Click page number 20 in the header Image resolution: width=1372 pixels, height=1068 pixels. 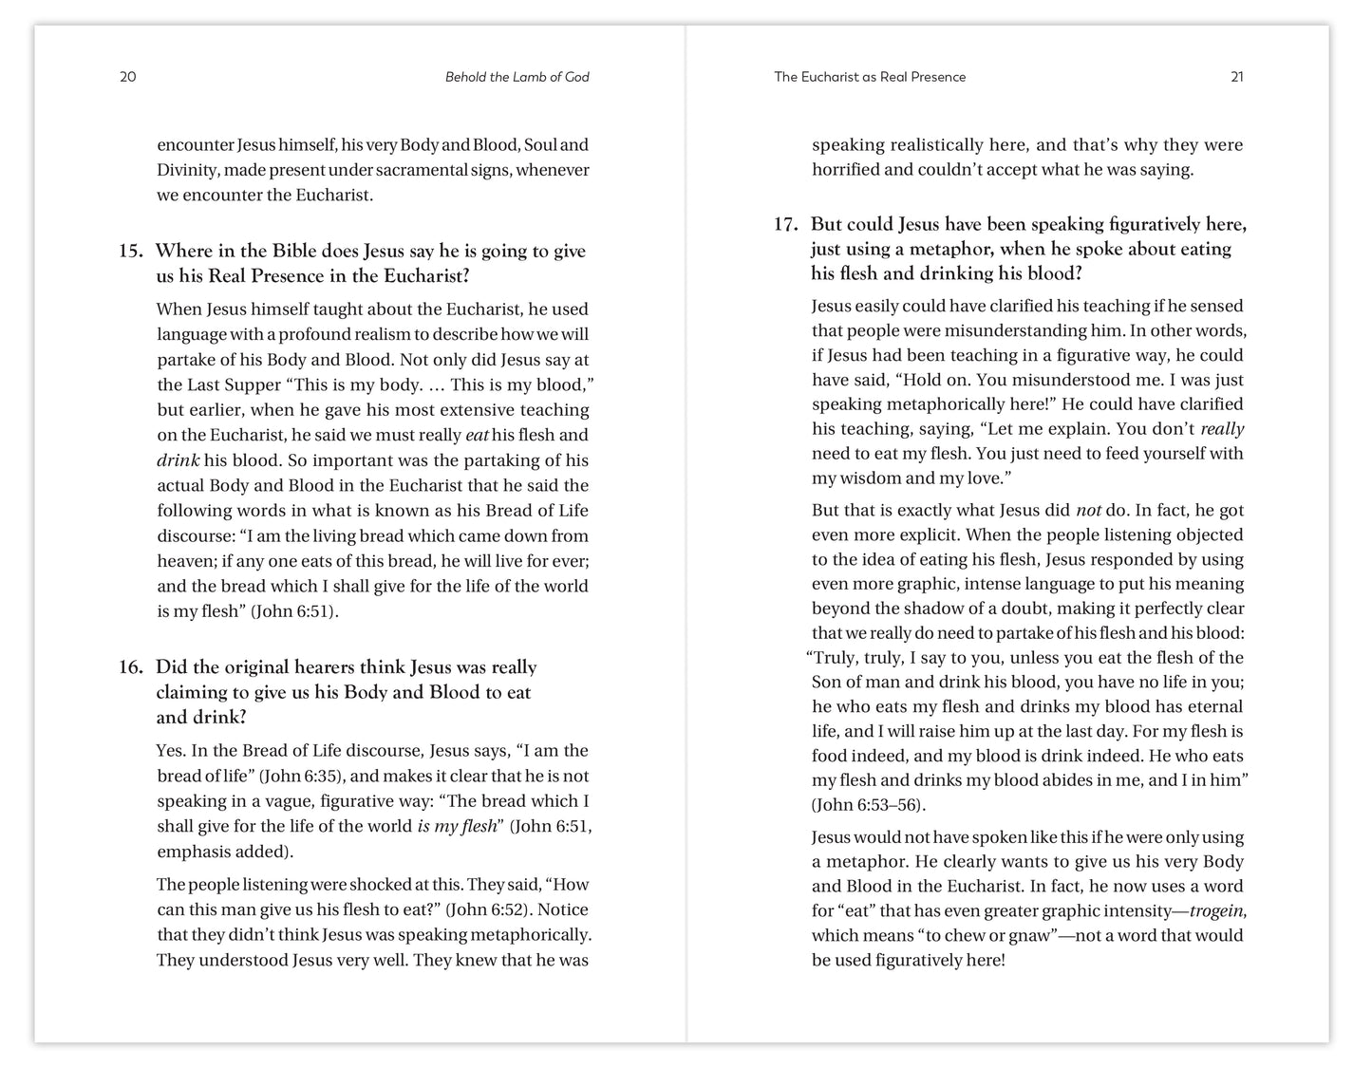128,77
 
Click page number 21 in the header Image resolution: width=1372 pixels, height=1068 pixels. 1236,77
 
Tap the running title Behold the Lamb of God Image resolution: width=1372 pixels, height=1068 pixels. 517,77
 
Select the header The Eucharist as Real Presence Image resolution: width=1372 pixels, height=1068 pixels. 870,77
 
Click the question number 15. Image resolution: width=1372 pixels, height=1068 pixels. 130,252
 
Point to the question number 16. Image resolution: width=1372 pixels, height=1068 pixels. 130,667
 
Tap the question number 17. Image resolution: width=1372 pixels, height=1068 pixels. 784,225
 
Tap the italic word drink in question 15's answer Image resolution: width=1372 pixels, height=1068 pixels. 178,460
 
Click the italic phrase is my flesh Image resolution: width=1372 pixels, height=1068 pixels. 457,826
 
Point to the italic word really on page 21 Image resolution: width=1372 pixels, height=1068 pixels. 1221,429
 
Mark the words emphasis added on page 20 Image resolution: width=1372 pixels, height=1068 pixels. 222,851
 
